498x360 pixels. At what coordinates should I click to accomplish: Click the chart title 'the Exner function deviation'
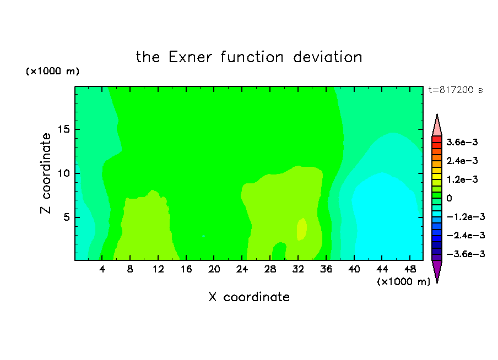[249, 57]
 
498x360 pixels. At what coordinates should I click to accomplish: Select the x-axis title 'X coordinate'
[249, 297]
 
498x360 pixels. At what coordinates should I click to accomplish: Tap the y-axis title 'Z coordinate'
[45, 173]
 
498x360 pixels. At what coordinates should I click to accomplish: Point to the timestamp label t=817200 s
[456, 90]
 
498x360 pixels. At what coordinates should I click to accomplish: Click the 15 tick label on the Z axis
[63, 129]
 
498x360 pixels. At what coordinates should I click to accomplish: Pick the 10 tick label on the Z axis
[63, 173]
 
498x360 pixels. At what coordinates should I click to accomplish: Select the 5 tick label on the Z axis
[66, 217]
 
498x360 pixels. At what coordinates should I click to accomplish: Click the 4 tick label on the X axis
[102, 269]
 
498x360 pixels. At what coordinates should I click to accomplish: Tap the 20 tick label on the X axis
[214, 269]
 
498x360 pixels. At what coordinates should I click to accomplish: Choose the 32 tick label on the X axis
[298, 269]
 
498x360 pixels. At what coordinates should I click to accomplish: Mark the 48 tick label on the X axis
[410, 269]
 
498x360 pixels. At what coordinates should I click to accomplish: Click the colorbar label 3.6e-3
[462, 142]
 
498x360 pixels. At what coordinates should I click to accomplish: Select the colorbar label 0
[449, 198]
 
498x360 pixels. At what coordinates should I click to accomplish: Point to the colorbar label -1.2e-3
[465, 217]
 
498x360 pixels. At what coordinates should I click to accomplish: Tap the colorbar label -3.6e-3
[465, 254]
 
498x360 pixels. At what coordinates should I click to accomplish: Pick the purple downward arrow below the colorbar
[437, 270]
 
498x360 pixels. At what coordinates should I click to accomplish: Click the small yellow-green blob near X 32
[302, 229]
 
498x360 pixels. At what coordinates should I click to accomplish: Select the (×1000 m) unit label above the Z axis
[52, 71]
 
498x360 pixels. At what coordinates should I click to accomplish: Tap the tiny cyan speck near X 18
[204, 236]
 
